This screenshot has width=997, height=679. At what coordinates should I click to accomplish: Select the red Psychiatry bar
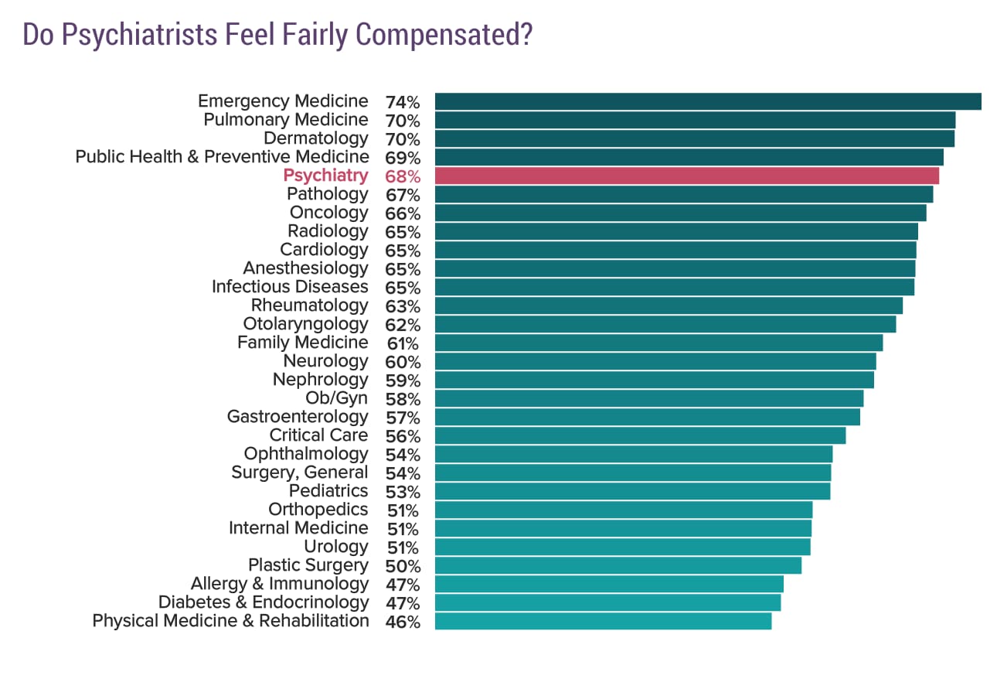click(x=686, y=176)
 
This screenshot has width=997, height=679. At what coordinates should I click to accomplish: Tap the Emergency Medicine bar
click(x=707, y=101)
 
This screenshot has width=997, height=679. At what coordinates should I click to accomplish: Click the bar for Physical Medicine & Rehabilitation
click(x=603, y=621)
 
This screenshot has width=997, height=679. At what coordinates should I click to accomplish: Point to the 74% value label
click(x=402, y=102)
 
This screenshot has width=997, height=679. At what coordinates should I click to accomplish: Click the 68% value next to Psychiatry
click(x=402, y=176)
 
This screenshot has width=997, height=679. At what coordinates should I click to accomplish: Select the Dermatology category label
click(x=316, y=138)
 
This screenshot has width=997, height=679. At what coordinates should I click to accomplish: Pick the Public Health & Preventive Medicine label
click(x=222, y=157)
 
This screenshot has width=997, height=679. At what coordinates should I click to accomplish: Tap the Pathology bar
click(x=683, y=194)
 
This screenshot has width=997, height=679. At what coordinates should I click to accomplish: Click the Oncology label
click(x=328, y=213)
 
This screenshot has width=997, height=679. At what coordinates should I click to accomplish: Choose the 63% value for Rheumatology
click(x=402, y=306)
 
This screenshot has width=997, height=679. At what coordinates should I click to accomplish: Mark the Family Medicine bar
click(x=658, y=343)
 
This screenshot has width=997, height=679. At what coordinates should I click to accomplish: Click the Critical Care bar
click(x=640, y=435)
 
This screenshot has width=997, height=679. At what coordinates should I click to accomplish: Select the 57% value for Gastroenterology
click(x=402, y=418)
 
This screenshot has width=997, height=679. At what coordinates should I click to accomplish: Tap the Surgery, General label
click(x=300, y=473)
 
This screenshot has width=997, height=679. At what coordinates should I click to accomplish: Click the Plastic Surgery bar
click(x=618, y=565)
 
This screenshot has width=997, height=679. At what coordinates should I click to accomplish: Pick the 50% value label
click(x=402, y=566)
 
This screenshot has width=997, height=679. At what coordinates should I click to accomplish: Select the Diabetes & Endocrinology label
click(x=264, y=602)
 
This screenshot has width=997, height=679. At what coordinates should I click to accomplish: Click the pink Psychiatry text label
click(x=325, y=176)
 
